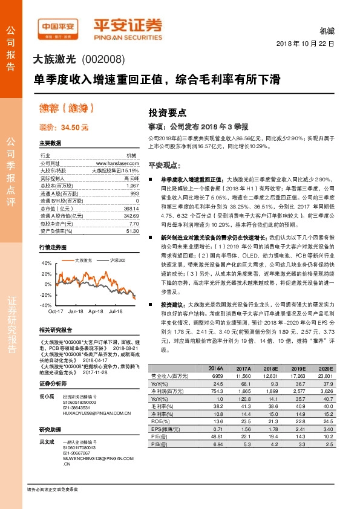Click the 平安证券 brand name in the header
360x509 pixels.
[128, 25]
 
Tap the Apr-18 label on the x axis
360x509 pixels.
[96, 311]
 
